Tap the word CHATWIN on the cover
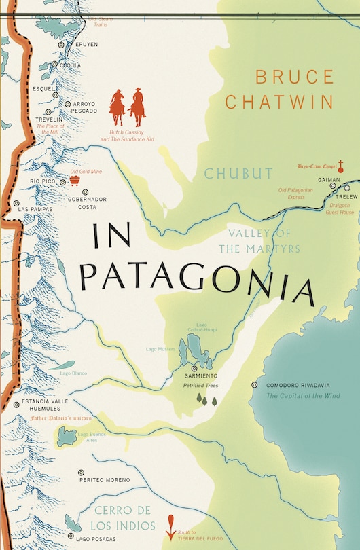pos(278,102)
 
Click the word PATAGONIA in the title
pos(196,279)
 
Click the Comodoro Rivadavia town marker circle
pos(255,384)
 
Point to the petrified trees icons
pos(206,399)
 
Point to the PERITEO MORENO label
pos(104,480)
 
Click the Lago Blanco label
pos(71,373)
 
